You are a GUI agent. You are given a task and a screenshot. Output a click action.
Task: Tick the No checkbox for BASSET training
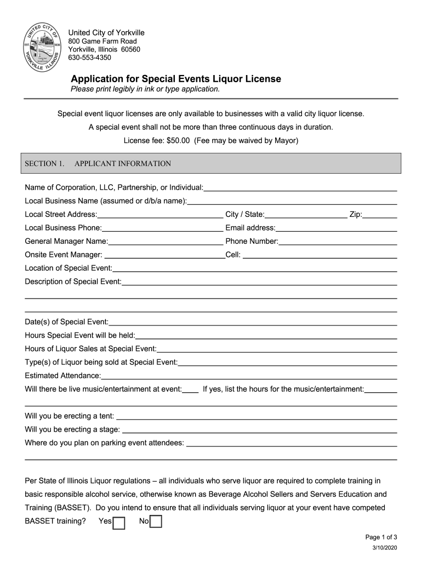156,522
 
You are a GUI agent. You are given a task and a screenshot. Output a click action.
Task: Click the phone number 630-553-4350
89,58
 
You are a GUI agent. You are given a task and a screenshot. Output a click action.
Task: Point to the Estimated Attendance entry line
249,378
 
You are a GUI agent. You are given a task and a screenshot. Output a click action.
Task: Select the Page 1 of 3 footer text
381,537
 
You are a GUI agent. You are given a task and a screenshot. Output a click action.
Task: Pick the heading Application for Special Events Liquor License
176,79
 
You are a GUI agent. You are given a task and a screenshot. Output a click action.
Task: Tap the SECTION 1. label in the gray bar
45,163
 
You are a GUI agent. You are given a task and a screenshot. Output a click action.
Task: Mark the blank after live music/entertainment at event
190,392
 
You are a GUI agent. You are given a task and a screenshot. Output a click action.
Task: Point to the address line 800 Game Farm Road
102,41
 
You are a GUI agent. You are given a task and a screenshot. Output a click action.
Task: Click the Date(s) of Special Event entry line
253,324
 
